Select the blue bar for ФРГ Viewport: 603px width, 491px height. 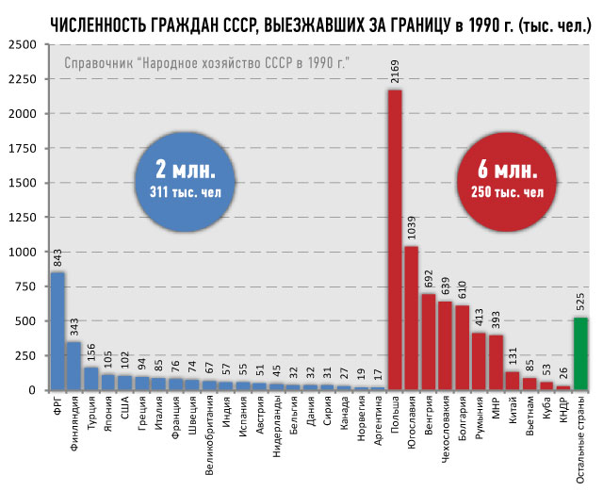click(57, 331)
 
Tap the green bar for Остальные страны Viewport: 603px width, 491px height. click(581, 353)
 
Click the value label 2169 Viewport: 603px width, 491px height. click(396, 72)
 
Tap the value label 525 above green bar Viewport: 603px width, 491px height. click(581, 301)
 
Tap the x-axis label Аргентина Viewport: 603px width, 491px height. click(378, 419)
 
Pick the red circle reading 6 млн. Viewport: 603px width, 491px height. click(501, 182)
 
